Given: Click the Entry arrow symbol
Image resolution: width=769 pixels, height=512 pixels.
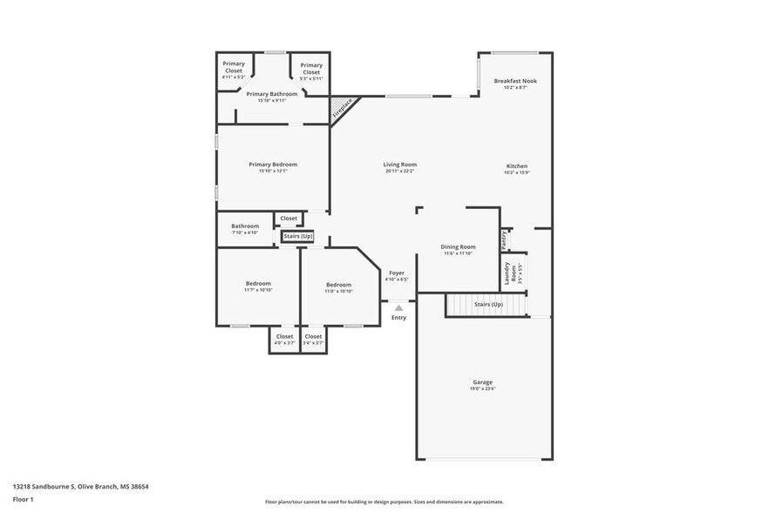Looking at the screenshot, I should [398, 307].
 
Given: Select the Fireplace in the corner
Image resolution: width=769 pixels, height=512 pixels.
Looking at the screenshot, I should [343, 110].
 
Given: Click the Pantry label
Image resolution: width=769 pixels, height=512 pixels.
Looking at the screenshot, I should [504, 238].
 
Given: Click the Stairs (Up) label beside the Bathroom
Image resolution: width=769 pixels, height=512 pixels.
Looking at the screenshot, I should [297, 236].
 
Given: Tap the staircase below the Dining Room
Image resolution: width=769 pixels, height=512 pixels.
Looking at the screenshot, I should [487, 306].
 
